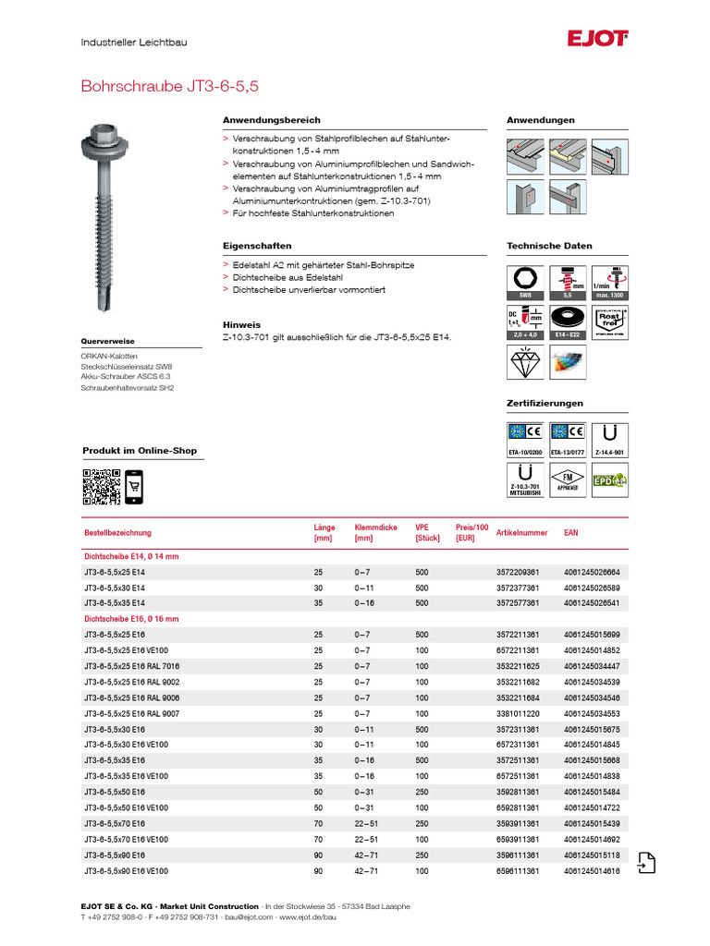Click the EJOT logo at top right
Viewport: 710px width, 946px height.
[x=598, y=39]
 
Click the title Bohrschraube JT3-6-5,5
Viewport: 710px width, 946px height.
[x=170, y=86]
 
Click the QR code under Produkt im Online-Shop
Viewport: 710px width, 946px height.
[x=102, y=487]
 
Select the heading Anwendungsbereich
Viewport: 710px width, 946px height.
[x=271, y=120]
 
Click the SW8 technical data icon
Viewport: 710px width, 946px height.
[x=525, y=282]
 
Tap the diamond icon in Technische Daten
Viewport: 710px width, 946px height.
[x=525, y=362]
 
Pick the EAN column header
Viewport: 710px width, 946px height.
[x=571, y=533]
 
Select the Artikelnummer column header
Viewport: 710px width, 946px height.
[x=521, y=533]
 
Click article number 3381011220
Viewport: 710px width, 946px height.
[x=519, y=713]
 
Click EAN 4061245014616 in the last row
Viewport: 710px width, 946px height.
[x=592, y=871]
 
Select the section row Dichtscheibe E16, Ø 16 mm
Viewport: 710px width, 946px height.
[x=131, y=619]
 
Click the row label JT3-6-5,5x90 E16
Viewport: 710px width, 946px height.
[x=115, y=855]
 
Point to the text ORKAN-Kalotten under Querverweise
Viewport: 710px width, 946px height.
[x=109, y=356]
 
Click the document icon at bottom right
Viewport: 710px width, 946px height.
[x=646, y=862]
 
